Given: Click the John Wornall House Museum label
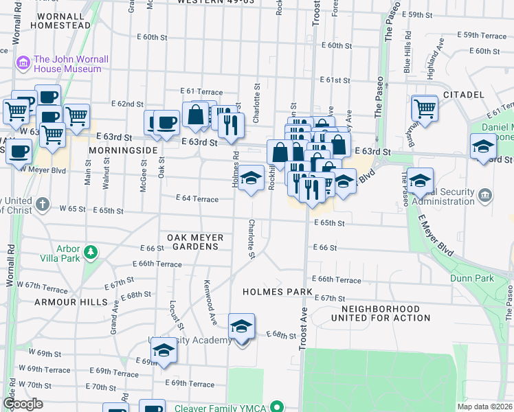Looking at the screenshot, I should [x=71, y=64].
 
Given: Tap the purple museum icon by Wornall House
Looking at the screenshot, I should [x=23, y=64].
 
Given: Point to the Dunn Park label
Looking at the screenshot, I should [x=472, y=278].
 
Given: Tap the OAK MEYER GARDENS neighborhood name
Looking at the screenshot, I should [x=196, y=242].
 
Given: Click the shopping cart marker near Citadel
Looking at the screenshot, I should [x=425, y=108].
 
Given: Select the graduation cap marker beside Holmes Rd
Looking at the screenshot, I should [x=252, y=179].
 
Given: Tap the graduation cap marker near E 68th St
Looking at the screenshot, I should [x=241, y=327].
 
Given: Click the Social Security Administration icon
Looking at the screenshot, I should [x=486, y=196].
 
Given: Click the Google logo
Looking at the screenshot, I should [x=23, y=403].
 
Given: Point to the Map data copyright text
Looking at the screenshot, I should [x=485, y=407].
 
